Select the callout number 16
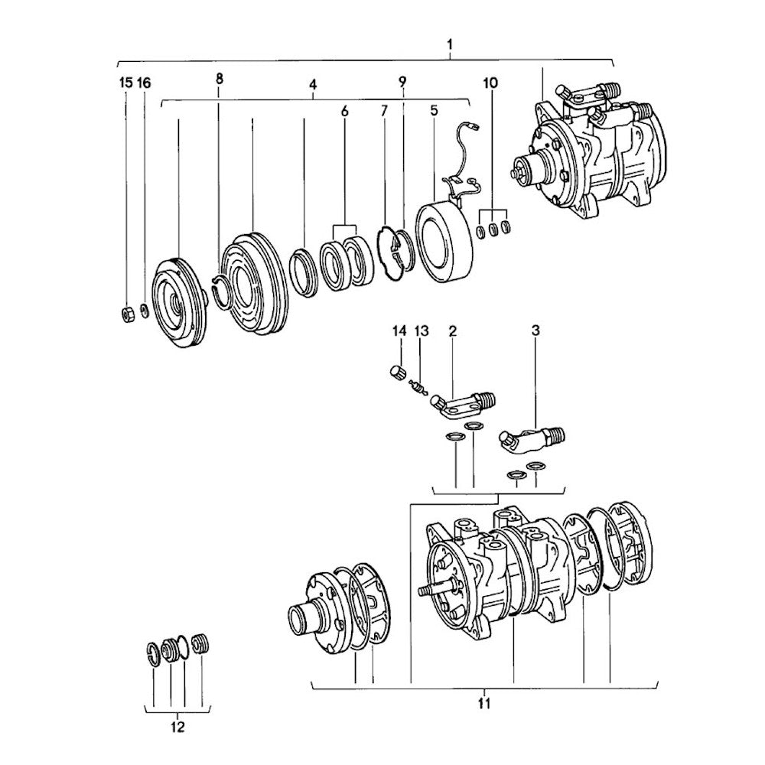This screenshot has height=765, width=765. (x=144, y=83)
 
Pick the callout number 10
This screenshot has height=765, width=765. (x=490, y=82)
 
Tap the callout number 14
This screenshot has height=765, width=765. (x=398, y=330)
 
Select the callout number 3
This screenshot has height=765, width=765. (x=535, y=330)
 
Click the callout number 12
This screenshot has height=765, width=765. (x=177, y=728)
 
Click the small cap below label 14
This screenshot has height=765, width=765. (x=396, y=373)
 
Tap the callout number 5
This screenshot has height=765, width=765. (x=434, y=110)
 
